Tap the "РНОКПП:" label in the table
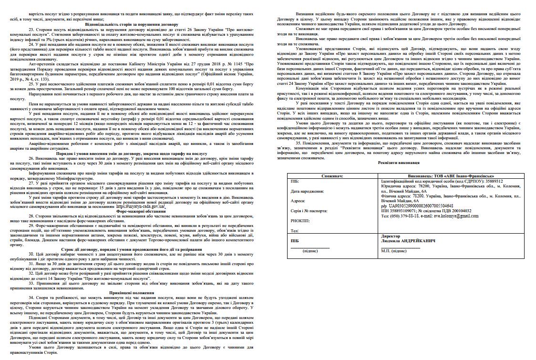coord(300,221)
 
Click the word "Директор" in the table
coord(391,236)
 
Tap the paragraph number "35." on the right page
coord(299,142)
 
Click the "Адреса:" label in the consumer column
coord(298,201)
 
